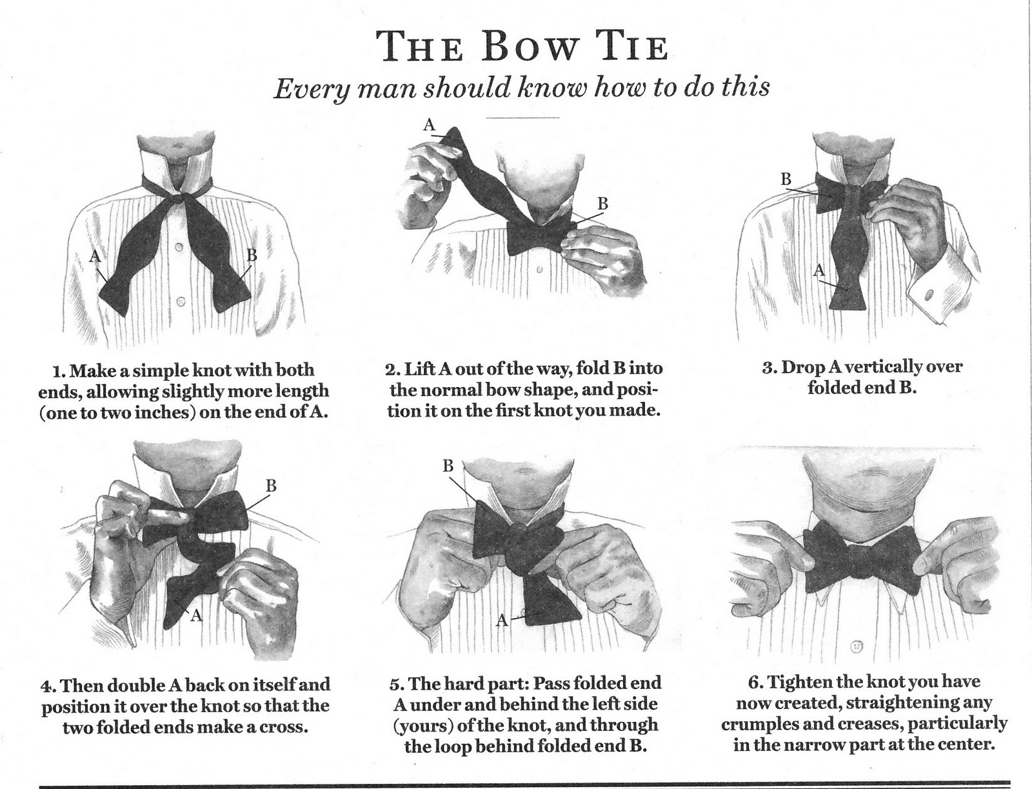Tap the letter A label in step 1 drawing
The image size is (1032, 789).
click(95, 256)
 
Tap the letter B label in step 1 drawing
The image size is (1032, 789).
click(252, 255)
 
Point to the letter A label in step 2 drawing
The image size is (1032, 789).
click(430, 125)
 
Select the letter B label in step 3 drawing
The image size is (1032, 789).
click(786, 179)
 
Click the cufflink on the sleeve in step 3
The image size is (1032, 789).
click(929, 295)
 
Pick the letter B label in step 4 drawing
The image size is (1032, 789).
click(272, 486)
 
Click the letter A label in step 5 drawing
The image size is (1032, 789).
click(502, 621)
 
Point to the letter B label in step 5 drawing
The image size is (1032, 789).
click(448, 466)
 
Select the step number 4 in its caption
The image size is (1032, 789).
click(46, 686)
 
